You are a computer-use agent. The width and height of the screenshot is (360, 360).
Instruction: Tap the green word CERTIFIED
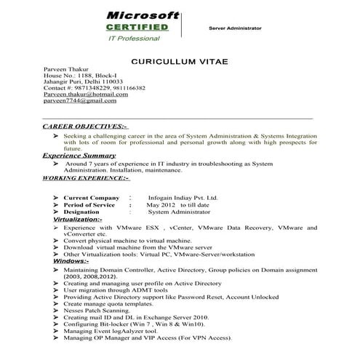137,27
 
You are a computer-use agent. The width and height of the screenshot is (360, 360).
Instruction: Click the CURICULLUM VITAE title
180,63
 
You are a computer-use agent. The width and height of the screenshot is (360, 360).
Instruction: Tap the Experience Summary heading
79,156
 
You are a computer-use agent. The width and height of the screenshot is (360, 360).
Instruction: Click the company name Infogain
161,197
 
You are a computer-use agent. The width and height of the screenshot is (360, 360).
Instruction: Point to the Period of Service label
92,204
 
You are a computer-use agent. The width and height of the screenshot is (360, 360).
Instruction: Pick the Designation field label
87,212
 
